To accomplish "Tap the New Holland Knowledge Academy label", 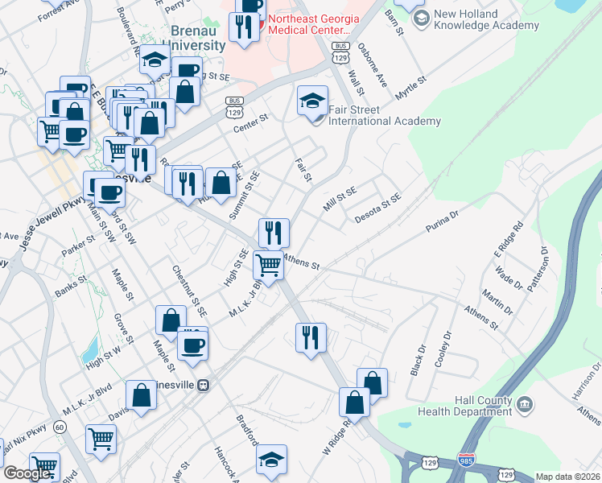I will tap(485, 19).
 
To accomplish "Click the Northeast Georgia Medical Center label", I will tap(317, 24).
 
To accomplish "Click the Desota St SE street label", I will tap(377, 208).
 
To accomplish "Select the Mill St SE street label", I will tap(340, 198).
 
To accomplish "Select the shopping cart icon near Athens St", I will tap(268, 265).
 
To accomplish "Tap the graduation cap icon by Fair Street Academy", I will tap(312, 101).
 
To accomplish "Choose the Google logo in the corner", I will tap(27, 473).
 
